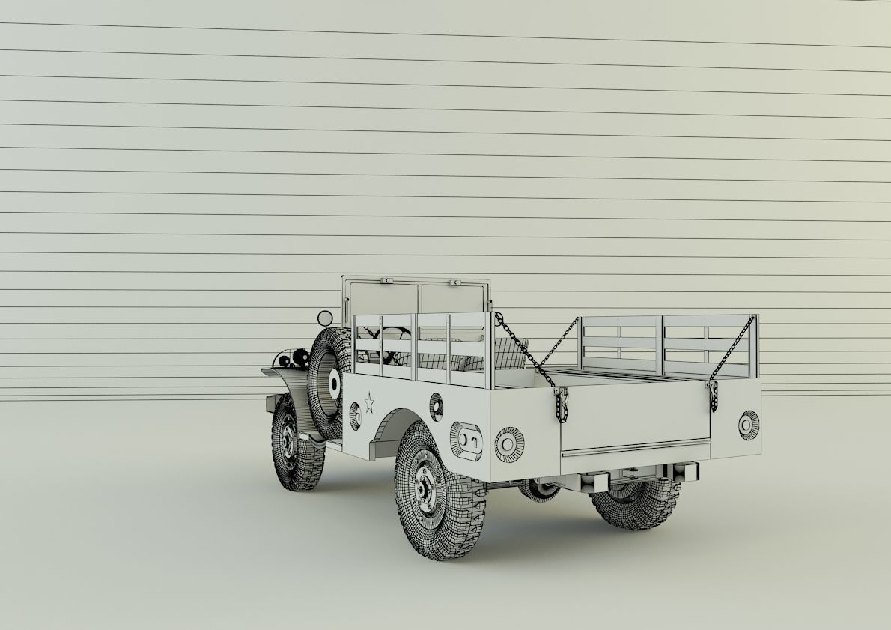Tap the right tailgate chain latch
pos(713,395)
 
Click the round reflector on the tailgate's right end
pos(748,425)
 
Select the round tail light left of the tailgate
pos(509,443)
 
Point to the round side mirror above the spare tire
pos(325,319)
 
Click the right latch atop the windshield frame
pos(454,282)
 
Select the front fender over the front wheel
pos(285,378)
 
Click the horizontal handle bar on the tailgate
pos(635,447)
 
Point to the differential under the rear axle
pos(539,491)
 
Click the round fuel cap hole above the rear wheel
pos(436,405)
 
